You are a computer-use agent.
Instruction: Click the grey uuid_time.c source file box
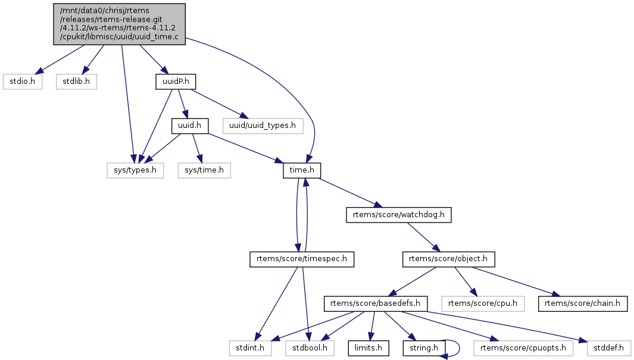pos(119,23)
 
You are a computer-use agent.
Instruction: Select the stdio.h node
pos(23,82)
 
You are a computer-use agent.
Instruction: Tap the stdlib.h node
pos(77,82)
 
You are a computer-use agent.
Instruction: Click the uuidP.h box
pos(176,82)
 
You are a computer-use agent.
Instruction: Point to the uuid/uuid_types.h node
pos(263,126)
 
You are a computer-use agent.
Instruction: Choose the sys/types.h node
pos(135,171)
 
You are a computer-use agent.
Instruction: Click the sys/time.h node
pos(204,171)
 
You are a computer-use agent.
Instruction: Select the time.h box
pos(302,171)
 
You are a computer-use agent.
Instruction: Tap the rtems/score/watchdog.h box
pos(399,215)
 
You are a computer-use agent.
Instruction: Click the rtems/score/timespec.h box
pos(302,259)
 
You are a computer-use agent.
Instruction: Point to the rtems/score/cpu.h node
pos(483,303)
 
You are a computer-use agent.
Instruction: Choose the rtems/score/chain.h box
pos(583,303)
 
